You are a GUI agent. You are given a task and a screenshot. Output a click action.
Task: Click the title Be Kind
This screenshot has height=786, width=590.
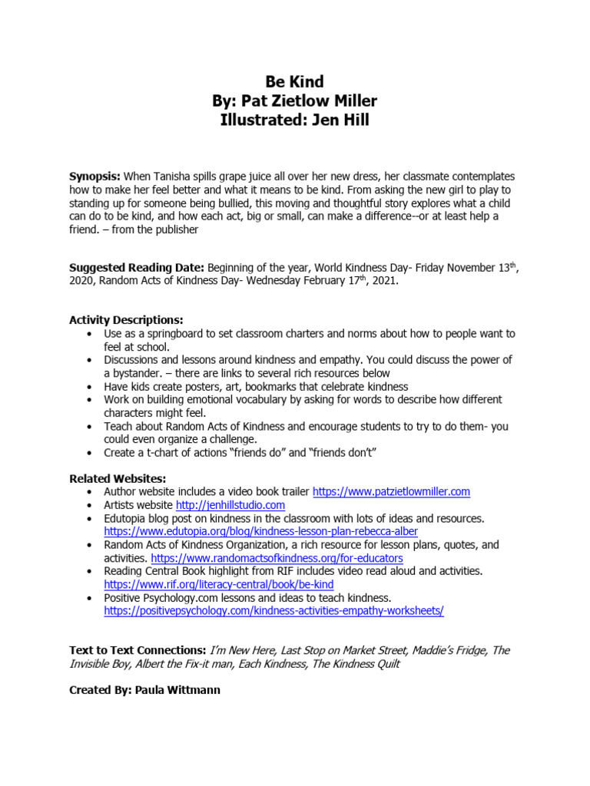tap(295, 81)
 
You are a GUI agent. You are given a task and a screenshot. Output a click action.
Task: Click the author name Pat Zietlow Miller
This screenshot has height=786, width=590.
tap(321, 101)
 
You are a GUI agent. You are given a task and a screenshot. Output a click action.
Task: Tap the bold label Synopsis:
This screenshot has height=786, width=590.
tap(95, 177)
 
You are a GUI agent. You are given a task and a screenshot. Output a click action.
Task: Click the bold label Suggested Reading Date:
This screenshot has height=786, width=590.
tap(136, 268)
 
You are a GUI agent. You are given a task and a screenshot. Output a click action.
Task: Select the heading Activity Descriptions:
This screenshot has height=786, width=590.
tap(127, 320)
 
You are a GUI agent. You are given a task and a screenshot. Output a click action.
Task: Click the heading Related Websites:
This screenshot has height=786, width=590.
tap(118, 479)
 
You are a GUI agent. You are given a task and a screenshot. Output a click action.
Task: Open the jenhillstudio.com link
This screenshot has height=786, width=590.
tap(230, 505)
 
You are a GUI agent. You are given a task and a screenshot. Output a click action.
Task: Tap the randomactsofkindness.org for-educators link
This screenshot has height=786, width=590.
tap(277, 558)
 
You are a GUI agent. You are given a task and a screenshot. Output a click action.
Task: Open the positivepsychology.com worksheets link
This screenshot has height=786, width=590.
tap(273, 611)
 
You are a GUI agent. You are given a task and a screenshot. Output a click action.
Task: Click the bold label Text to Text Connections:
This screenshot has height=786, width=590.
tap(138, 650)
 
